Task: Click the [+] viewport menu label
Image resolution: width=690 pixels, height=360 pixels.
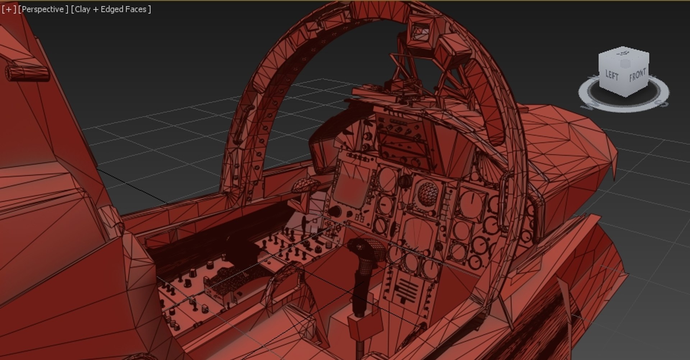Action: point(9,9)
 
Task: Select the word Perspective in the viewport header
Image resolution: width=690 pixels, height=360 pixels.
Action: point(43,9)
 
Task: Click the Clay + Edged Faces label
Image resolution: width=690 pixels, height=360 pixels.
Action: point(111,9)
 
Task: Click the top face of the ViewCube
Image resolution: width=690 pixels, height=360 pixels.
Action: point(624,56)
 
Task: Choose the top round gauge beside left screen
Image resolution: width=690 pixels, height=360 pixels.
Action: point(386,178)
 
